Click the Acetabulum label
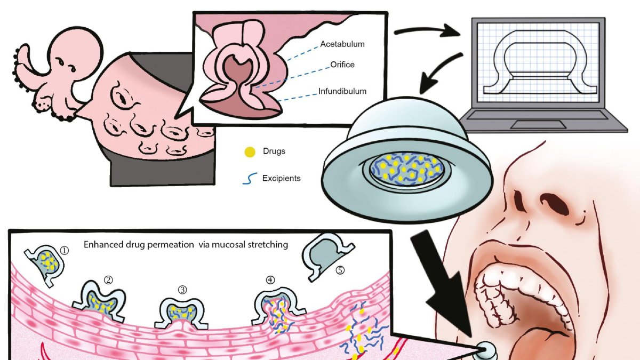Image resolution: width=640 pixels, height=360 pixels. point(342,44)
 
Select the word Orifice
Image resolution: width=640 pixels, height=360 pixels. point(342,65)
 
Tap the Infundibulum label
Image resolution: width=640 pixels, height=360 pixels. point(343,91)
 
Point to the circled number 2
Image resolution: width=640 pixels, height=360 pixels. point(108,279)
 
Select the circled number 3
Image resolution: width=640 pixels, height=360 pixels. point(182,290)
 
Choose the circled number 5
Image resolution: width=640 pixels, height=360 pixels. point(340,270)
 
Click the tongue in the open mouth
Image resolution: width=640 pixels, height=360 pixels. point(539,341)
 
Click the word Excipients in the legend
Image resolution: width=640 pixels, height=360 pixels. point(281,178)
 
